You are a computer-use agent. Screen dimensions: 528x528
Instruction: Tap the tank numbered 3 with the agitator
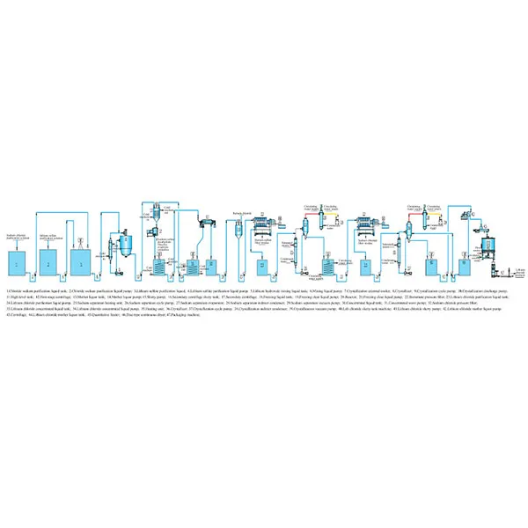click(x=82, y=261)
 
